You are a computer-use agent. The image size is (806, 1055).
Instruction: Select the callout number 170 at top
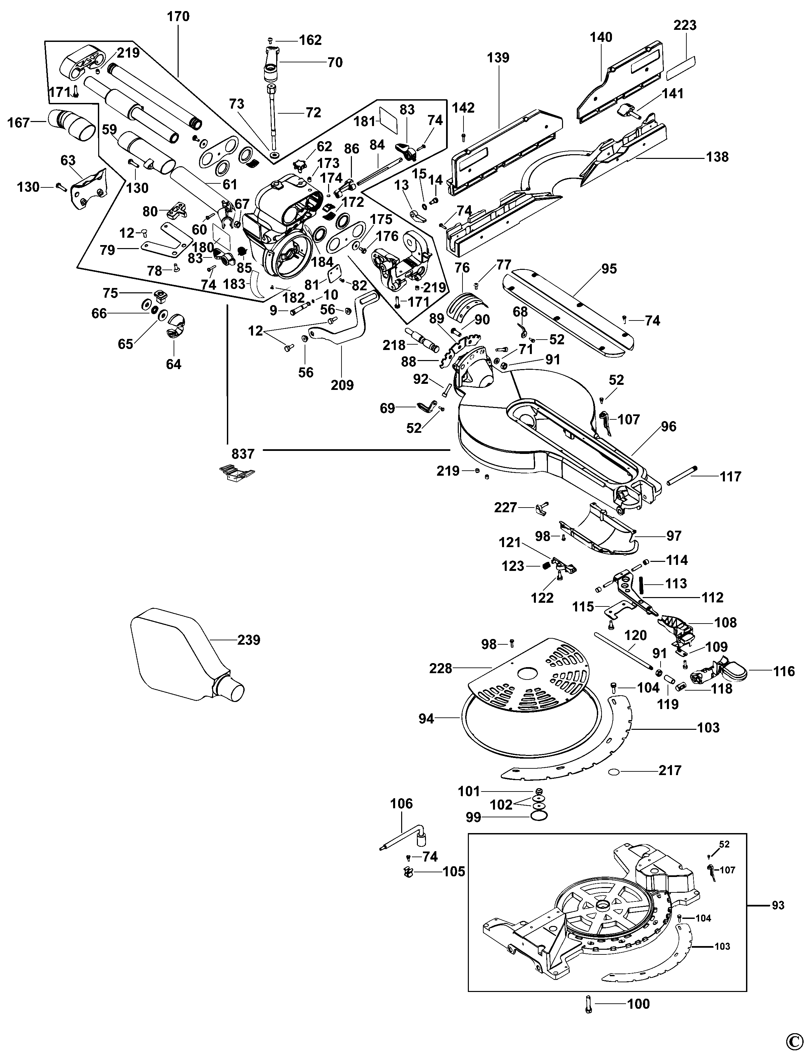click(x=178, y=17)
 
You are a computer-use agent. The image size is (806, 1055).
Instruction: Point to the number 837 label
click(x=243, y=454)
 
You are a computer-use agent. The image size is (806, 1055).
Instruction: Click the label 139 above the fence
click(x=498, y=58)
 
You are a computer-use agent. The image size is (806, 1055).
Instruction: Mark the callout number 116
click(x=784, y=671)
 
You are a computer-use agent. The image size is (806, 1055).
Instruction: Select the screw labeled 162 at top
click(x=270, y=40)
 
